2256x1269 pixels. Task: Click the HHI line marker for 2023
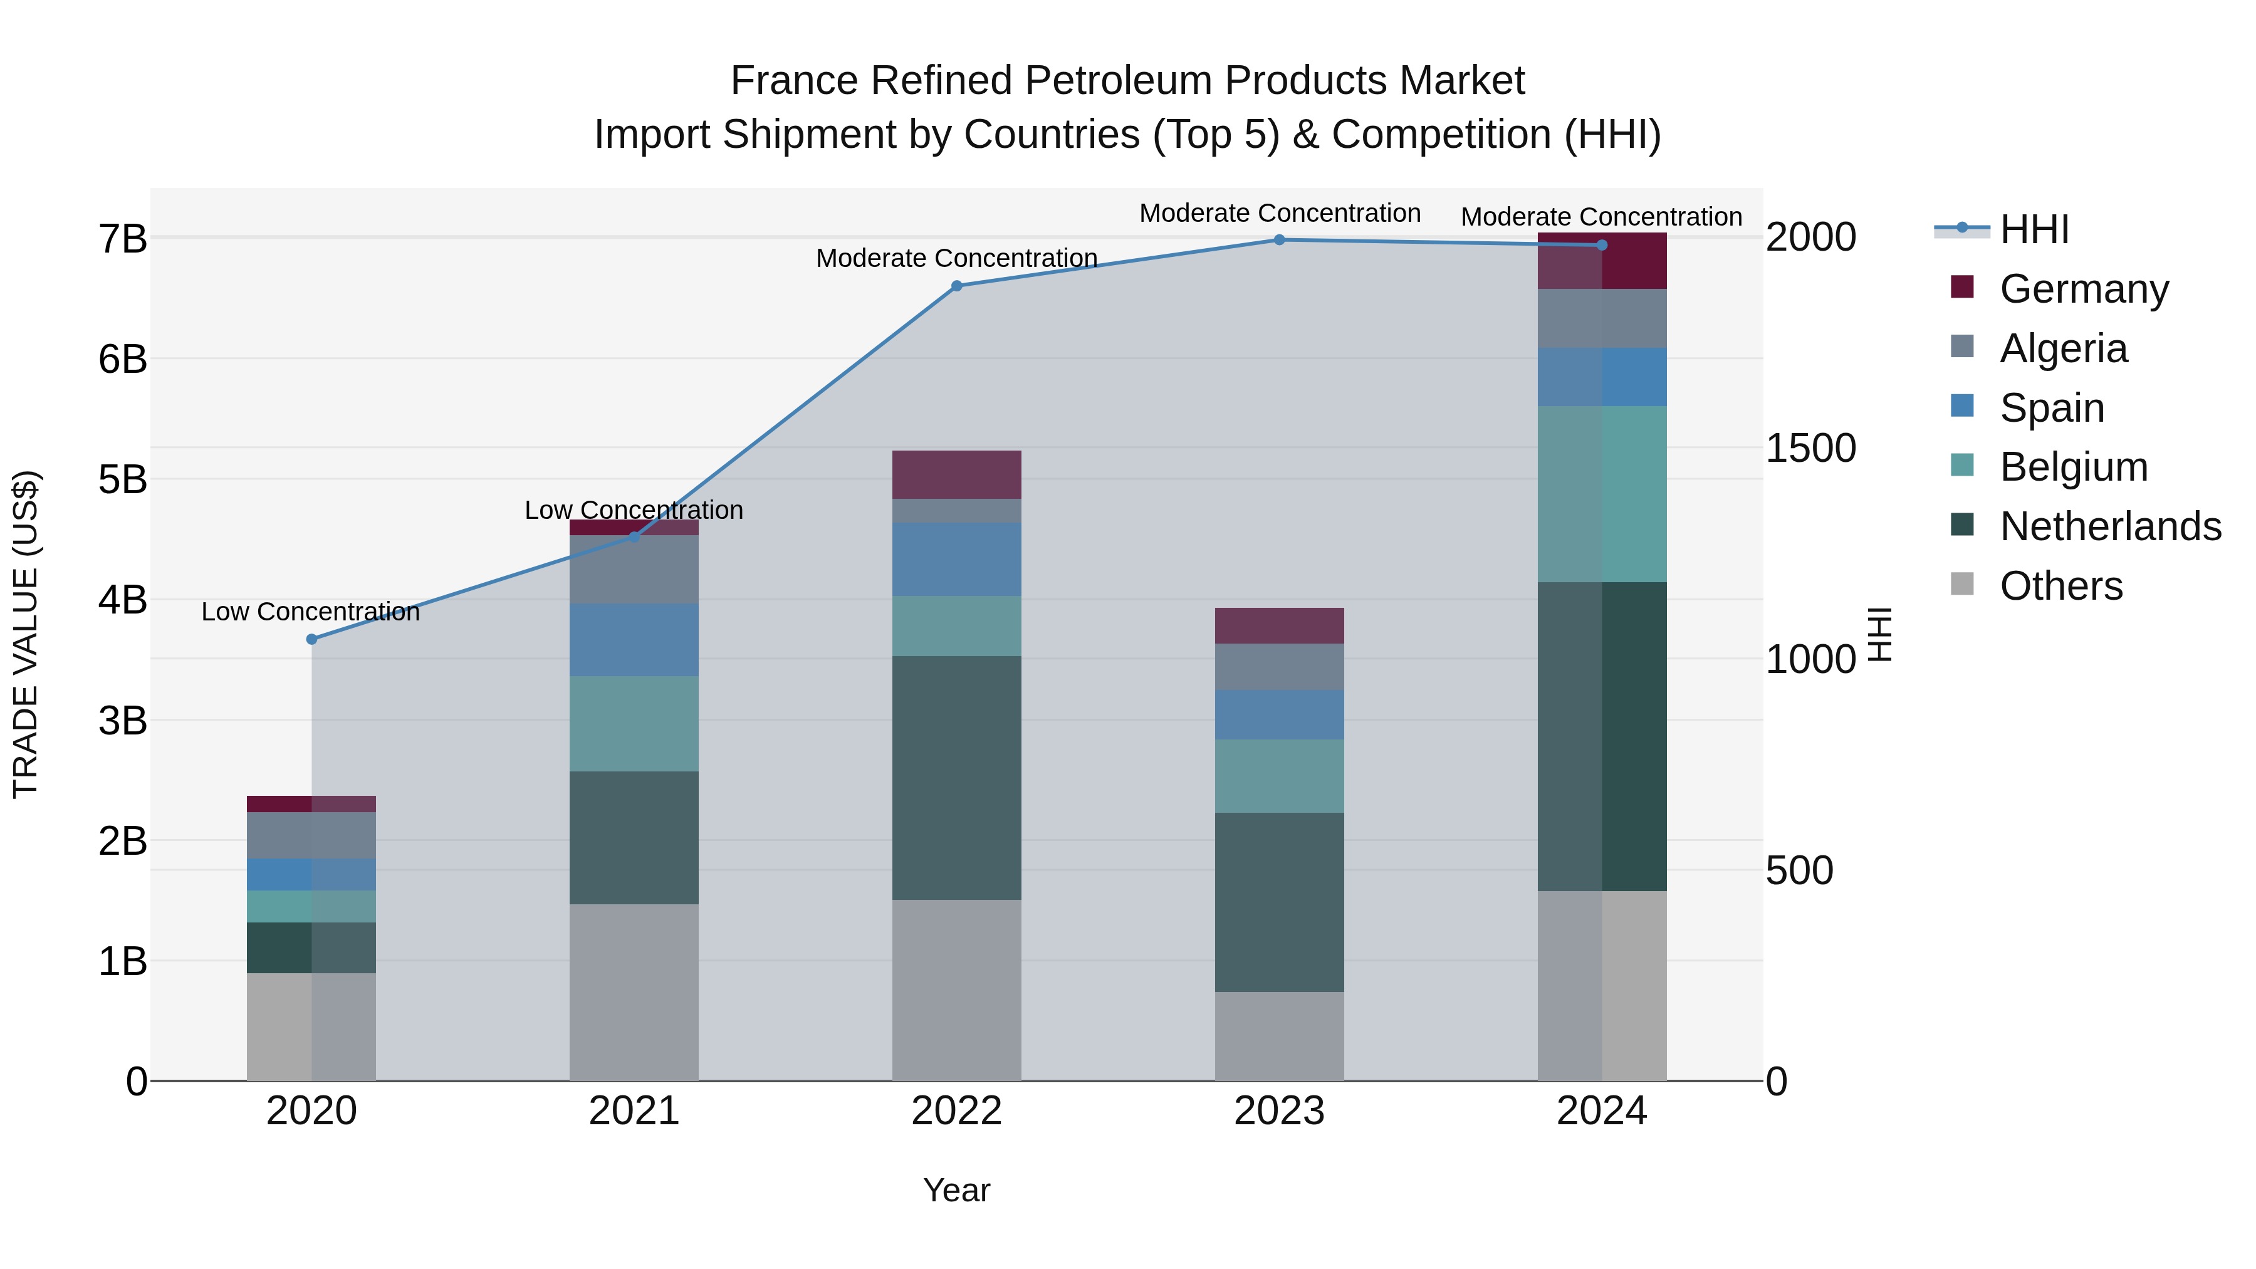pyautogui.click(x=1278, y=240)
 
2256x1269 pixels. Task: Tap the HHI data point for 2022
pyautogui.click(x=956, y=286)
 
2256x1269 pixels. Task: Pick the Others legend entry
pyautogui.click(x=2060, y=586)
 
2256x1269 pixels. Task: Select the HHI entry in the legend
pyautogui.click(x=2034, y=229)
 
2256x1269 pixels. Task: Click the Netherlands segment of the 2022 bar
pyautogui.click(x=956, y=778)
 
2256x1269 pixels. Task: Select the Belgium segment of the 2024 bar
pyautogui.click(x=1602, y=494)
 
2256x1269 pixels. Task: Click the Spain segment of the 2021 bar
pyautogui.click(x=634, y=639)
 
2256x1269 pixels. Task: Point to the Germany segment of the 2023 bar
pyautogui.click(x=1278, y=625)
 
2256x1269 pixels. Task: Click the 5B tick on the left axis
pyautogui.click(x=123, y=480)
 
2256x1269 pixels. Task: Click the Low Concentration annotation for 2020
pyautogui.click(x=311, y=611)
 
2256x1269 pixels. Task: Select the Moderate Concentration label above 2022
pyautogui.click(x=956, y=258)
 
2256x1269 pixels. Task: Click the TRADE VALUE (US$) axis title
pyautogui.click(x=26, y=634)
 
